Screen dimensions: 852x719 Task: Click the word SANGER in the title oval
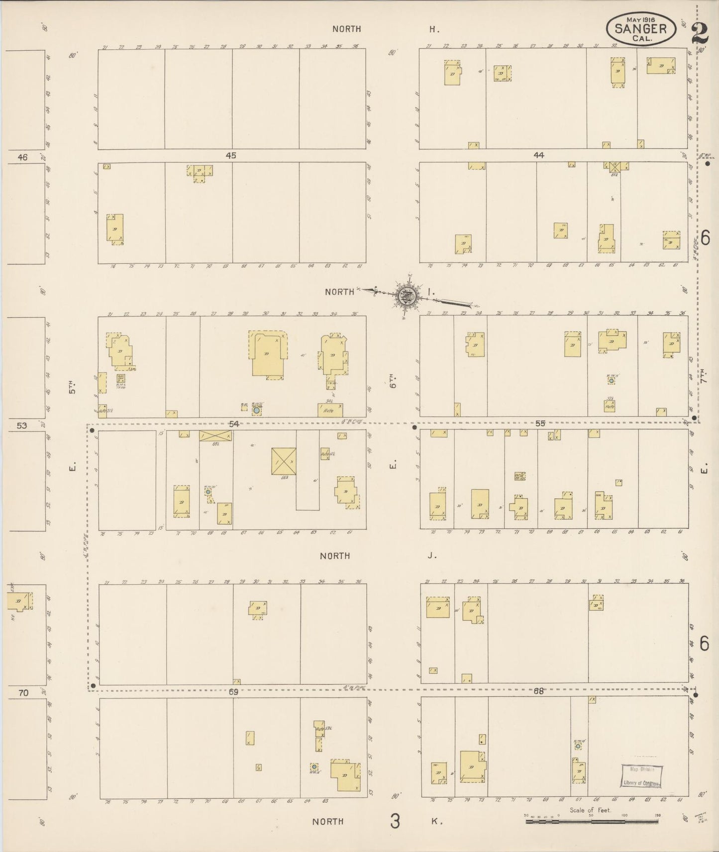640,28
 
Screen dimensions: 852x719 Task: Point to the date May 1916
641,19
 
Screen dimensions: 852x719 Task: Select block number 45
230,156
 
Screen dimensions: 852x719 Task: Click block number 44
538,156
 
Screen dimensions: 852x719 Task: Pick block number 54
234,424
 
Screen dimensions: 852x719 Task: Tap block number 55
540,424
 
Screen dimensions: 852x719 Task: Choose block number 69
233,691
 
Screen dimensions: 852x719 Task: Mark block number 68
538,691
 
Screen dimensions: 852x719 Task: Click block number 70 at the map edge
23,692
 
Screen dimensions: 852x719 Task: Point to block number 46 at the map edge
22,157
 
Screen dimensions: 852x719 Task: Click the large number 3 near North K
395,821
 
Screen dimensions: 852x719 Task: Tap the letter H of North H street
434,29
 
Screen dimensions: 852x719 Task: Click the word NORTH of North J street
335,556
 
